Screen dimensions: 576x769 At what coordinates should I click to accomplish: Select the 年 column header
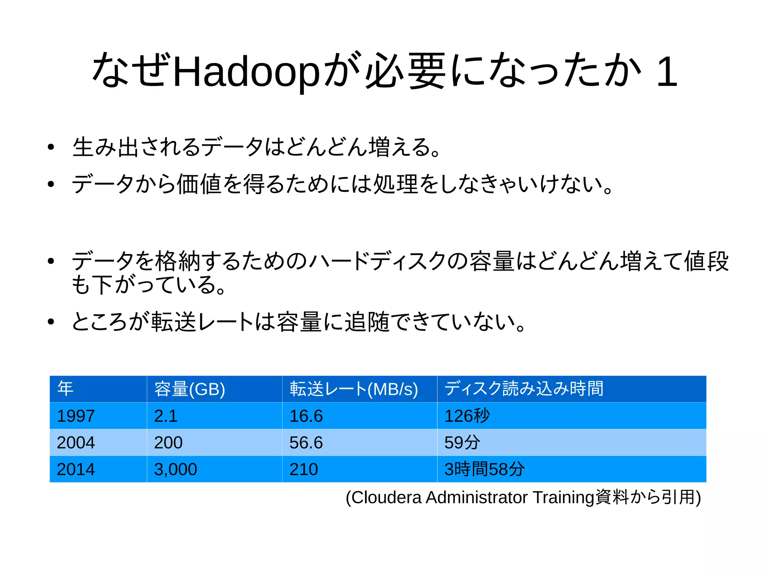click(x=65, y=389)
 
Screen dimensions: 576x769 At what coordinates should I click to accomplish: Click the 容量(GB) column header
click(x=190, y=389)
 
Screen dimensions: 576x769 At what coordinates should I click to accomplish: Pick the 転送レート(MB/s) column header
click(x=354, y=389)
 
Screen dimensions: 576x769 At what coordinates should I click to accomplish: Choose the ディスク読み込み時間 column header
click(x=524, y=389)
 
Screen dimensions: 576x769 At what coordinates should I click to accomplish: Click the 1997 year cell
click(x=76, y=416)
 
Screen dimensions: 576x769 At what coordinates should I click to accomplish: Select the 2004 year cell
click(x=76, y=443)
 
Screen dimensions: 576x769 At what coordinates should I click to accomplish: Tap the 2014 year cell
click(x=76, y=469)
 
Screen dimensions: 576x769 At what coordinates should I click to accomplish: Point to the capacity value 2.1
click(x=166, y=416)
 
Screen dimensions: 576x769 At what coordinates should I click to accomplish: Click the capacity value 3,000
click(x=175, y=469)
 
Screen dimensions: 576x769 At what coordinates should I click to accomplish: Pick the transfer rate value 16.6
click(x=306, y=416)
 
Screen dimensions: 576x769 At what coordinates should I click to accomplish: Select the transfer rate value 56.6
click(x=306, y=443)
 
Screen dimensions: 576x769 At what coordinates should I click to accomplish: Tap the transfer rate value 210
click(x=304, y=469)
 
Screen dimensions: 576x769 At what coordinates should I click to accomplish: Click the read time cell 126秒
click(x=467, y=416)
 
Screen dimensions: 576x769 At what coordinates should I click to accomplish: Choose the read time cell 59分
click(x=462, y=443)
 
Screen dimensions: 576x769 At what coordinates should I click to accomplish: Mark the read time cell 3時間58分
click(x=484, y=469)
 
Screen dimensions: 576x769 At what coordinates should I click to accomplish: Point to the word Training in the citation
click(x=564, y=498)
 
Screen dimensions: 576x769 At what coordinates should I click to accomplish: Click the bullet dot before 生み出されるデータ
click(x=51, y=147)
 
